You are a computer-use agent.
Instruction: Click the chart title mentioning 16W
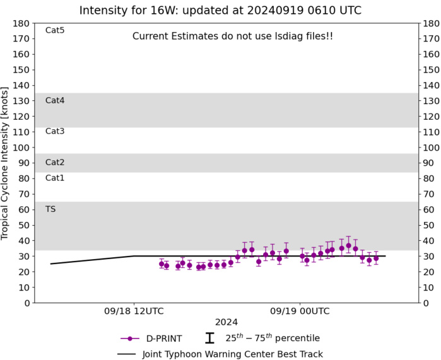tap(220, 11)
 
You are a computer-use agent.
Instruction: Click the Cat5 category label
tap(55, 30)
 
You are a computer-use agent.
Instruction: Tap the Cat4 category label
tap(55, 100)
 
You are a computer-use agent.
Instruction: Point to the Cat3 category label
tap(55, 131)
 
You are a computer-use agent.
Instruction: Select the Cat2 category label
tap(55, 162)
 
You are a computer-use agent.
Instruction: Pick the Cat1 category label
tap(55, 178)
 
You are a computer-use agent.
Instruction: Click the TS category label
tap(50, 209)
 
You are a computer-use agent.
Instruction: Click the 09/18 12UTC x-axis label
tap(134, 311)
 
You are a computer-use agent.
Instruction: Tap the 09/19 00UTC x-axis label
tap(300, 311)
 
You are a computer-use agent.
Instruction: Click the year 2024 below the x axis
tap(226, 322)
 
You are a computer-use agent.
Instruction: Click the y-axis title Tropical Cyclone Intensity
tap(6, 163)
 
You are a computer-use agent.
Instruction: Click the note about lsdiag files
tap(233, 37)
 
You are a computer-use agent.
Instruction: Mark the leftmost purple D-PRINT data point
tap(162, 264)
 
